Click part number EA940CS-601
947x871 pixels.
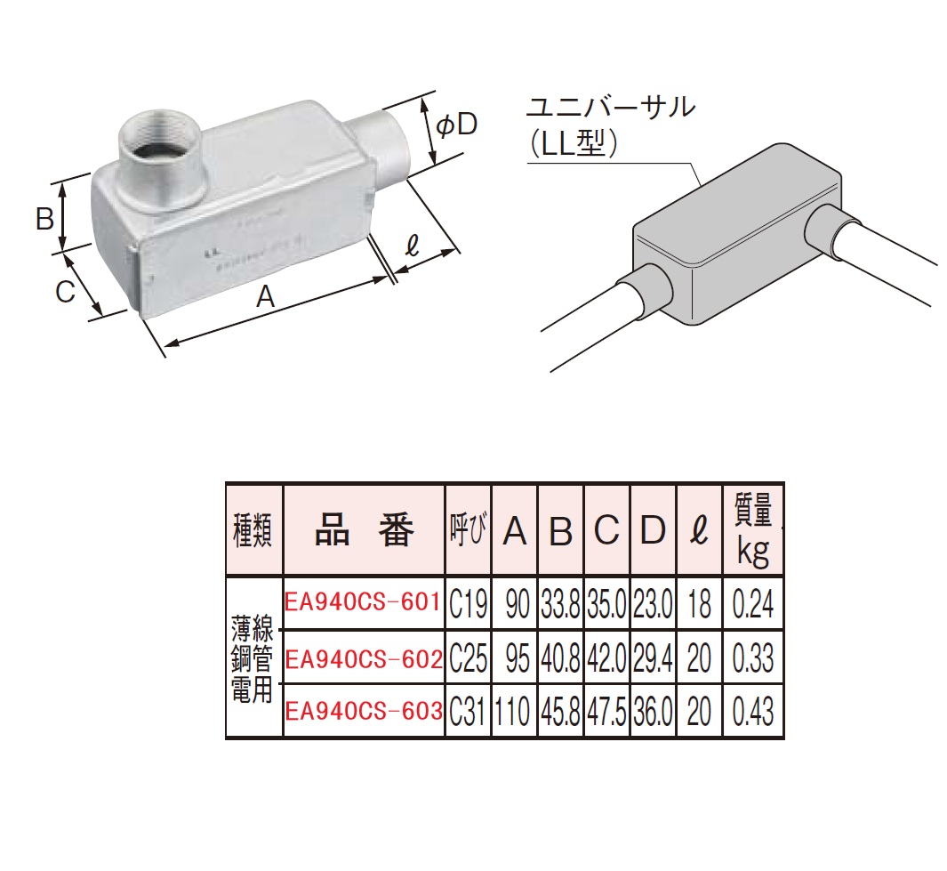363,604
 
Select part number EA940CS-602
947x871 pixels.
363,658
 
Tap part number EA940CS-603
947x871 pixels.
363,711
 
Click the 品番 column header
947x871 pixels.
364,531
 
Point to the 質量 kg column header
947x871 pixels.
752,533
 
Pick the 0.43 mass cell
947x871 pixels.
752,711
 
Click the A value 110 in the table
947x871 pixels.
513,711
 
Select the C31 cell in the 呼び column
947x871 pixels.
468,711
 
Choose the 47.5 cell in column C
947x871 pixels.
606,711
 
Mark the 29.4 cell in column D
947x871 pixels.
653,658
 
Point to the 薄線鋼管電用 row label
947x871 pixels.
253,657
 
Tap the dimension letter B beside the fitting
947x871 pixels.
44,217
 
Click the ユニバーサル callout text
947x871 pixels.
609,109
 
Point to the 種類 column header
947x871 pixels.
253,532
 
